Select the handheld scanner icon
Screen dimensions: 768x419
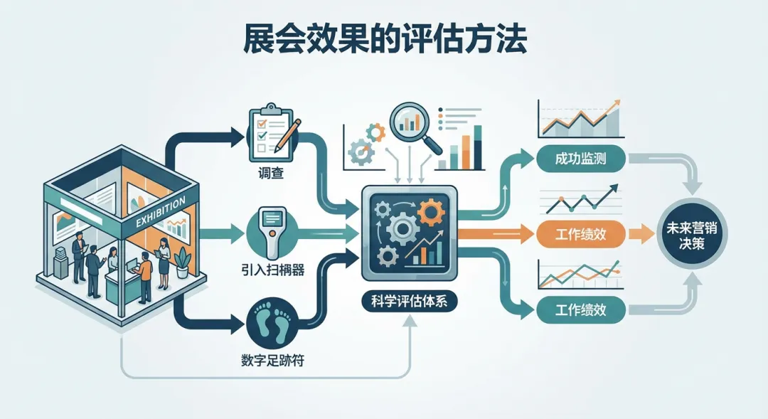tap(270, 233)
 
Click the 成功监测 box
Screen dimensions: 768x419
tap(581, 157)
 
